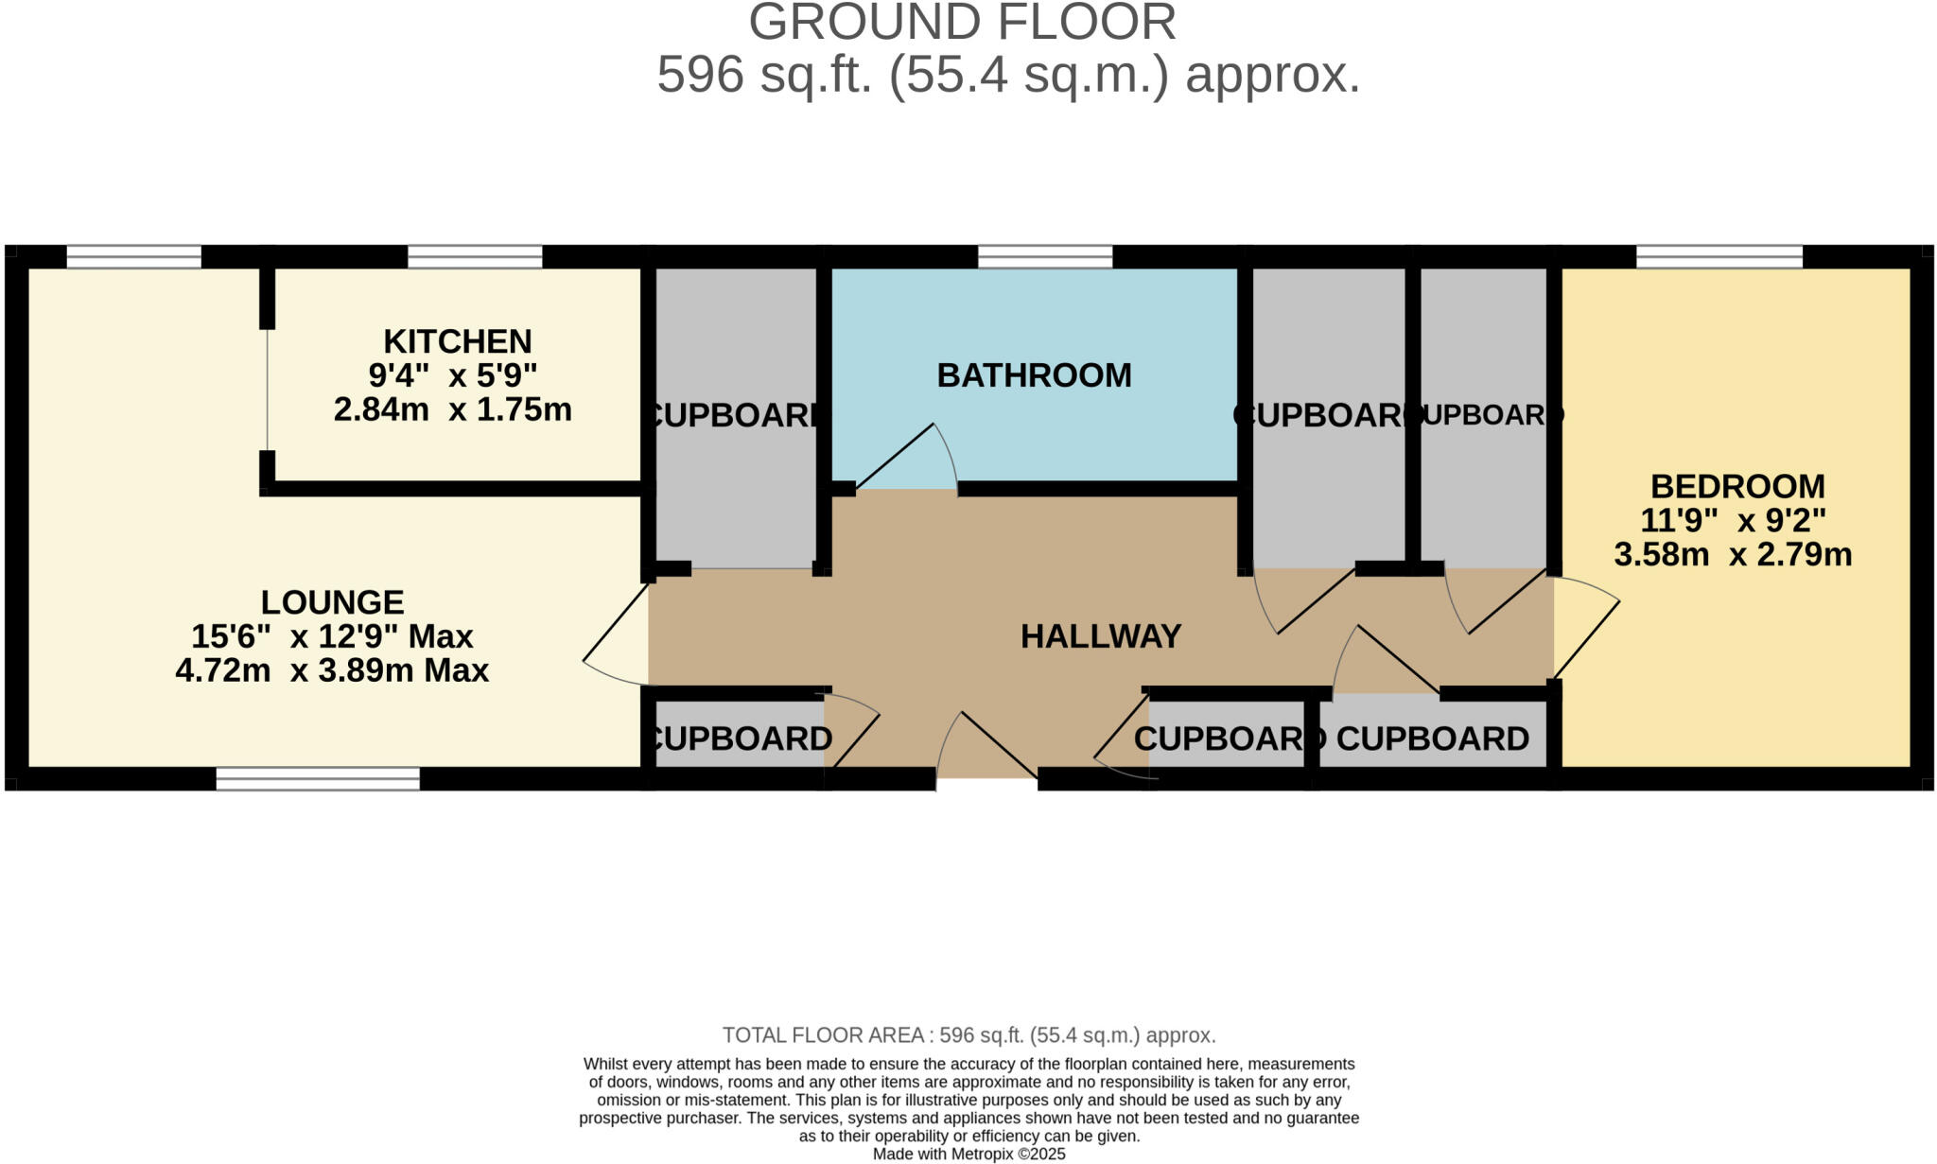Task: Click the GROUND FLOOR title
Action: [x=962, y=23]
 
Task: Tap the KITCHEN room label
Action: [x=457, y=341]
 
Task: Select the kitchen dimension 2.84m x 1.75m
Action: [x=452, y=410]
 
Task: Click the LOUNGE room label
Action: [x=332, y=602]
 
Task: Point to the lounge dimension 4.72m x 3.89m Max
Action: [x=332, y=671]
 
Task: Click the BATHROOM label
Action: [x=1034, y=375]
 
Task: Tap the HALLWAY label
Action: [x=1101, y=636]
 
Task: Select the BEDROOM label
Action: [x=1737, y=486]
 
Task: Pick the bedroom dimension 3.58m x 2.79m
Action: [x=1732, y=555]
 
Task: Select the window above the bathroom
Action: [x=1044, y=256]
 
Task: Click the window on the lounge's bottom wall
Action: [x=318, y=778]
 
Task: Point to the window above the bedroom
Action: [x=1719, y=256]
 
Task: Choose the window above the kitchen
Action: [x=475, y=256]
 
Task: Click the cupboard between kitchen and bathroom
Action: [x=736, y=416]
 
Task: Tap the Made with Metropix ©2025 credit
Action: [x=968, y=1154]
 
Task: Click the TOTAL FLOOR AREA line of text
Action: [x=968, y=1035]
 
